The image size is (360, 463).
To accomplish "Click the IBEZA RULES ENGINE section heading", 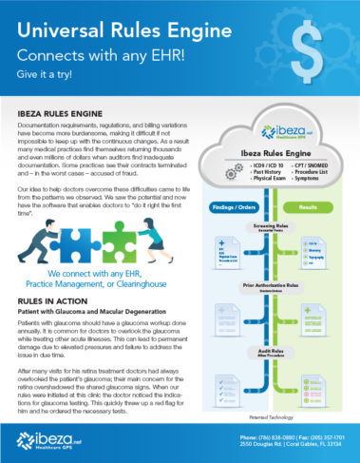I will pos(85,112).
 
